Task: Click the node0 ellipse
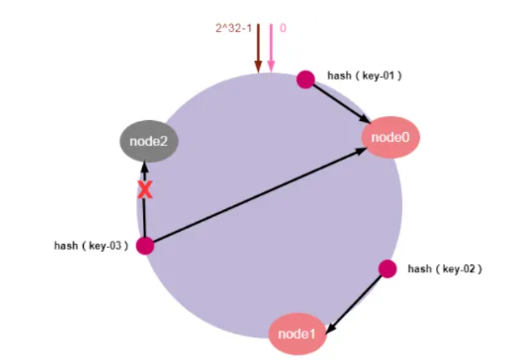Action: coord(390,137)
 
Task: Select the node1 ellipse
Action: coord(297,334)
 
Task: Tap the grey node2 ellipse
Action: coord(149,141)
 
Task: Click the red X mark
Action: coord(145,190)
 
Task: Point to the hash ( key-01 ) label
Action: coord(364,75)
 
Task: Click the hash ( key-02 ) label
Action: coord(445,269)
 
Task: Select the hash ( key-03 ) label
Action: coord(91,245)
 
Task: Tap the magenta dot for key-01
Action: coord(305,79)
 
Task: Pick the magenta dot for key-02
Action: coord(387,269)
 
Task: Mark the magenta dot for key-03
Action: coord(145,245)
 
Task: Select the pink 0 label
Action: coord(283,28)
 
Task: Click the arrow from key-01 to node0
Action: coord(340,103)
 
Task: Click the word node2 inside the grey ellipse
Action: coord(149,141)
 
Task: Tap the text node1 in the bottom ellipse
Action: coord(297,334)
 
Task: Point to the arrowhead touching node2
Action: coord(144,166)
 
